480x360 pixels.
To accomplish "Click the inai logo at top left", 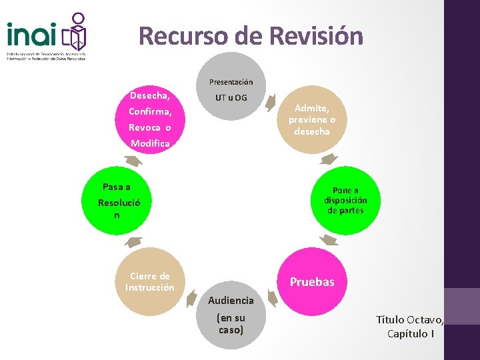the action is [x=47, y=37].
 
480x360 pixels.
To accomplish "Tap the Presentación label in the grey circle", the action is [x=231, y=82].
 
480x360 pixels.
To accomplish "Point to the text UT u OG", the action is [x=231, y=98].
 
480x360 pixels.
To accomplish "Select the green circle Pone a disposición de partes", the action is [x=345, y=200].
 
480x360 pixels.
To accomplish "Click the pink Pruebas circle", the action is [x=312, y=281].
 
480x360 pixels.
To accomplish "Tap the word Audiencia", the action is [x=231, y=301].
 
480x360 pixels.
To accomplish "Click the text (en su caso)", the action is [x=231, y=324].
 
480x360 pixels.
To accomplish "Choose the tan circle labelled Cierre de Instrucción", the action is [x=149, y=281].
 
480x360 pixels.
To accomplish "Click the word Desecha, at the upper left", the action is [x=149, y=95].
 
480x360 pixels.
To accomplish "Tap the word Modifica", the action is [x=150, y=143].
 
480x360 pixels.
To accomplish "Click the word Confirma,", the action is [x=150, y=111].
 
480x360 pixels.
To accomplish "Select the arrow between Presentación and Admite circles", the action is [x=271, y=102].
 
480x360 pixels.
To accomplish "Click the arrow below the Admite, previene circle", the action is [x=328, y=159].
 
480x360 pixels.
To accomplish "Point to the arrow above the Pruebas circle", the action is [x=327, y=241].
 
